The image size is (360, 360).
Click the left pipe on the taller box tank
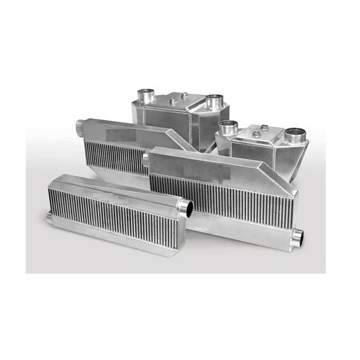point(145,95)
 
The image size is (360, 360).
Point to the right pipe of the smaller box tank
point(294,136)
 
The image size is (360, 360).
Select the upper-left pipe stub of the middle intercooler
point(145,159)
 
